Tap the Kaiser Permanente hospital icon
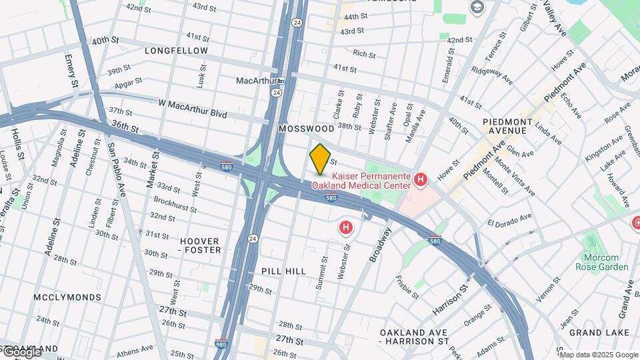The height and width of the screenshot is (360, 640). pyautogui.click(x=420, y=179)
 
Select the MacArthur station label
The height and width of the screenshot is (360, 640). pyautogui.click(x=256, y=81)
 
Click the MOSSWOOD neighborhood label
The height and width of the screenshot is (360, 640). pyautogui.click(x=306, y=128)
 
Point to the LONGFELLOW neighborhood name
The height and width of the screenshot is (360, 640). pyautogui.click(x=176, y=51)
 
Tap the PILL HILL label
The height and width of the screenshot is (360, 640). pyautogui.click(x=284, y=271)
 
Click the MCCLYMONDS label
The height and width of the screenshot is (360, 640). pyautogui.click(x=67, y=297)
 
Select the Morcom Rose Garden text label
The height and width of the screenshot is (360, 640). pyautogui.click(x=602, y=262)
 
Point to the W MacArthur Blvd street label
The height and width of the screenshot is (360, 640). pyautogui.click(x=193, y=108)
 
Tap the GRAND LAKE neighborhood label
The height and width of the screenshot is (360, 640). pyautogui.click(x=595, y=332)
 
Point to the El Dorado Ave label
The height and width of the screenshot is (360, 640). pyautogui.click(x=509, y=219)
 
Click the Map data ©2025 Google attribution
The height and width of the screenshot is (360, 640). pyautogui.click(x=599, y=355)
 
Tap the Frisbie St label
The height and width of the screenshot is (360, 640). pyautogui.click(x=407, y=286)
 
